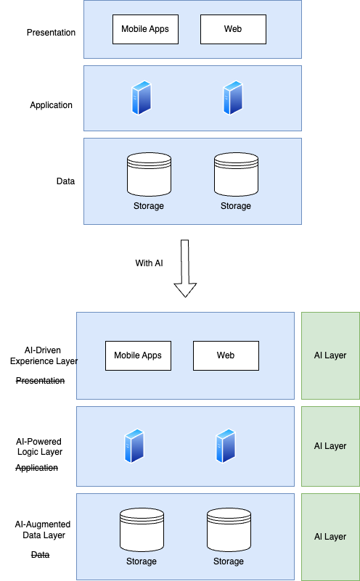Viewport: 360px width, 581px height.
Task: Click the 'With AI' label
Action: (x=149, y=263)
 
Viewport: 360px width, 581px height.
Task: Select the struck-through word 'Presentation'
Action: (x=40, y=381)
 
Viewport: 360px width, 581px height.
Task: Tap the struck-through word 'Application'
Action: (x=36, y=468)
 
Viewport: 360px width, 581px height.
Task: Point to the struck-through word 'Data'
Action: (x=40, y=555)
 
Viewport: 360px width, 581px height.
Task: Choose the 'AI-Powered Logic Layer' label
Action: (x=40, y=446)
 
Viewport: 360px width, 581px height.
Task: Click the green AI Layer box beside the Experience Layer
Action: (x=330, y=355)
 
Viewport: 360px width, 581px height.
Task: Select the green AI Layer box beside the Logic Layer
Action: (x=330, y=446)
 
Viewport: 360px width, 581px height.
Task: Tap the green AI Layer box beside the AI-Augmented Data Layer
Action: (x=330, y=537)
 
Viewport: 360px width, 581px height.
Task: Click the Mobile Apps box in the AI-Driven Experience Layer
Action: (x=138, y=355)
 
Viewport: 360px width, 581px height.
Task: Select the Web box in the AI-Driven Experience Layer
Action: (x=225, y=355)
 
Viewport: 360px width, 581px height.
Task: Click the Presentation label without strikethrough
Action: (x=51, y=33)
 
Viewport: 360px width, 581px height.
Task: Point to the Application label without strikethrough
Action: (x=51, y=105)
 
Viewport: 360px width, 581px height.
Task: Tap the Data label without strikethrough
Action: (x=65, y=181)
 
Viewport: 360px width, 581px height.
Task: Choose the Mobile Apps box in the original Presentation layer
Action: (x=145, y=30)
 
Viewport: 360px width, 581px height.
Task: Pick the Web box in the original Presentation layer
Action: (x=232, y=30)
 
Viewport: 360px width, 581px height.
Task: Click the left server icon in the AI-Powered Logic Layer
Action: (x=134, y=447)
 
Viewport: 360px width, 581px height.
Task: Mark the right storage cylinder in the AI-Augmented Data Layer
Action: (x=229, y=529)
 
